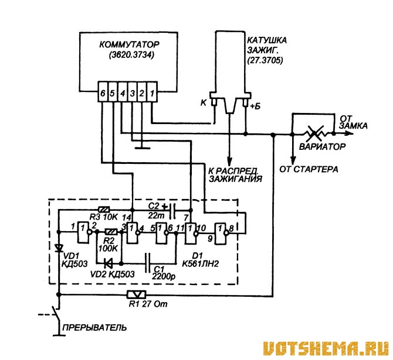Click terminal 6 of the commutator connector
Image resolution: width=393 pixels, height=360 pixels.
(x=103, y=92)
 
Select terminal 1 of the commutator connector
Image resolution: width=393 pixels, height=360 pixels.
(x=152, y=92)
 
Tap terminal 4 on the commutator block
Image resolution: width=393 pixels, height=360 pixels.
(x=123, y=92)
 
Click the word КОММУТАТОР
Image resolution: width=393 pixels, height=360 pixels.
(x=129, y=44)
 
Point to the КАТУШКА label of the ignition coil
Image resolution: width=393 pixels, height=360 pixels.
(x=267, y=40)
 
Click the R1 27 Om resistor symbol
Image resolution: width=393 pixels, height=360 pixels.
(x=136, y=294)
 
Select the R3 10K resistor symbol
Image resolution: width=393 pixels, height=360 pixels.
(x=104, y=210)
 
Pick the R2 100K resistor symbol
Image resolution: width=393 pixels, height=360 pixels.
(x=111, y=232)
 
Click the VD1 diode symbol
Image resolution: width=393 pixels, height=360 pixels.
(x=59, y=248)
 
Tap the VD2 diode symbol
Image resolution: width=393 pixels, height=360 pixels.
(x=108, y=263)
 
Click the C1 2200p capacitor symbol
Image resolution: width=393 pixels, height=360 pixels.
(x=148, y=263)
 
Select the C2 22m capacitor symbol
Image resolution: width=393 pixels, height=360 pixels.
(x=172, y=211)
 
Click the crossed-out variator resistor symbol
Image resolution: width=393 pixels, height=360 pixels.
(x=316, y=133)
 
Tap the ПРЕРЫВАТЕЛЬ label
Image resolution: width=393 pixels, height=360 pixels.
(x=95, y=327)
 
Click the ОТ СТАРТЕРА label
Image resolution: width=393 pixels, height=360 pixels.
(x=309, y=169)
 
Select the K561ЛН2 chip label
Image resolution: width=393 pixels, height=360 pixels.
(x=200, y=263)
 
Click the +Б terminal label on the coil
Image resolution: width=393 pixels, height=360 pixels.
(x=256, y=106)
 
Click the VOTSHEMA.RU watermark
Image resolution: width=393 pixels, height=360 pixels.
(x=326, y=348)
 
